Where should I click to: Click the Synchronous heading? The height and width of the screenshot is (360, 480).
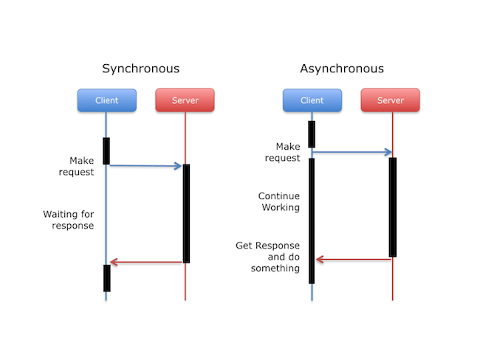140,69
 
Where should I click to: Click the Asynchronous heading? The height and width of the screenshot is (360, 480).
342,69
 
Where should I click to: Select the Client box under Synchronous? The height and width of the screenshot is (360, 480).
107,100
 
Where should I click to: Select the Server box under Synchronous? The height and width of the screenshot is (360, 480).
185,100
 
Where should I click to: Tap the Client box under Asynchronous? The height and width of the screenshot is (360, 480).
312,100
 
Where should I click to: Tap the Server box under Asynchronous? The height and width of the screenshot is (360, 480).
391,100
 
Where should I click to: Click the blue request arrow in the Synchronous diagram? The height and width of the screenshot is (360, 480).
145,166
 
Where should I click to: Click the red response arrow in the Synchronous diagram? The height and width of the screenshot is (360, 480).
145,262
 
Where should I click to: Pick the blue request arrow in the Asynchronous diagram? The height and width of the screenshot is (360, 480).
352,153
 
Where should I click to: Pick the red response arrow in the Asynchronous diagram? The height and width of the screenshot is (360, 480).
352,259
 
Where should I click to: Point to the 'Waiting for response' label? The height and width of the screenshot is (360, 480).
69,220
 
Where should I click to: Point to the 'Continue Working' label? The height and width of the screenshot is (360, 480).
279,202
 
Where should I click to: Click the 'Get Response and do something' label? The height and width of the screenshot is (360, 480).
268,257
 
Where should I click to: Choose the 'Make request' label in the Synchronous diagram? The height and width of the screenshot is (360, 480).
82,166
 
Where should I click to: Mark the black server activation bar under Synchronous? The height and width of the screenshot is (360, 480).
186,213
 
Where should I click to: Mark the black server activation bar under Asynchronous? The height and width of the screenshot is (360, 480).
393,207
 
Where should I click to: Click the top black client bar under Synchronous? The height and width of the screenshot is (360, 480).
106,151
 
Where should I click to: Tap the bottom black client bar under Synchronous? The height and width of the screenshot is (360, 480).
106,278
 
